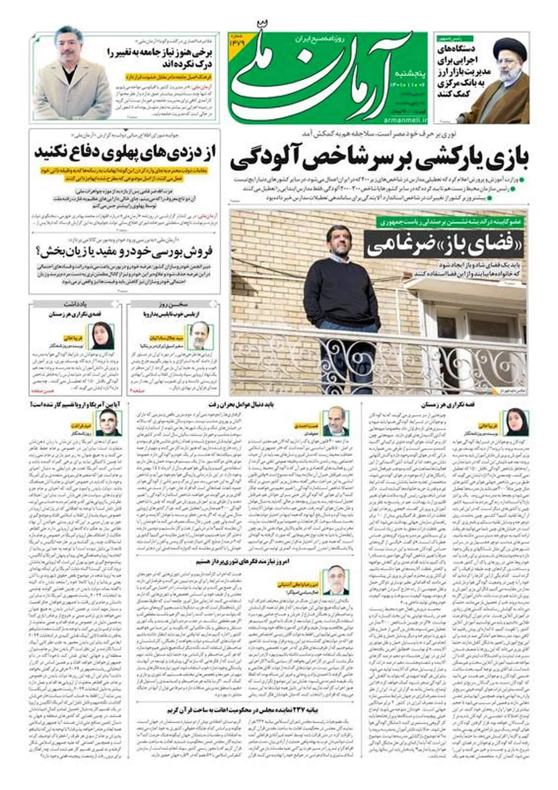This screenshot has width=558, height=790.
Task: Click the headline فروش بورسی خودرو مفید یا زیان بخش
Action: (125, 252)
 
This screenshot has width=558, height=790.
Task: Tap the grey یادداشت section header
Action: (76, 304)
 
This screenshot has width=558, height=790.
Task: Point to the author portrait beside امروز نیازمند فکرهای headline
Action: (335, 580)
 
